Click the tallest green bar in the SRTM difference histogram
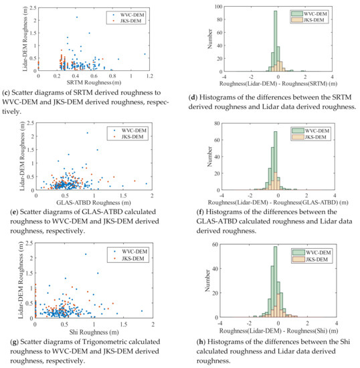point(275,40)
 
